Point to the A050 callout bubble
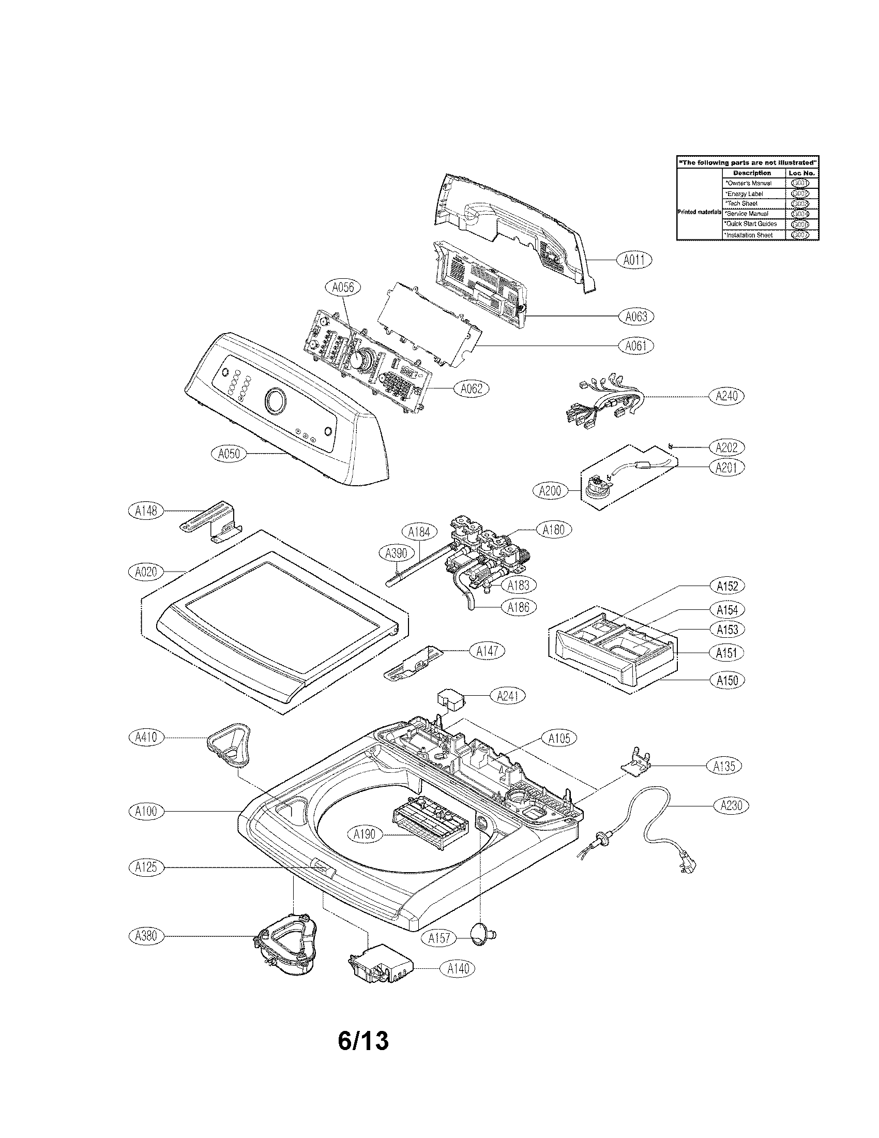(229, 453)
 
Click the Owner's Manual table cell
(753, 183)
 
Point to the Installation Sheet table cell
(753, 235)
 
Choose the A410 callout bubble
(146, 737)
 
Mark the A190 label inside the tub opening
(364, 834)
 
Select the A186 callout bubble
(518, 607)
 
